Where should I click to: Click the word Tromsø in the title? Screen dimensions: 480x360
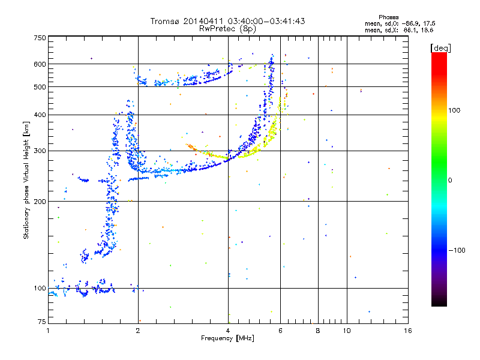pyautogui.click(x=166, y=21)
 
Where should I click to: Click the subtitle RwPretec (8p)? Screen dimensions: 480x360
pyautogui.click(x=227, y=29)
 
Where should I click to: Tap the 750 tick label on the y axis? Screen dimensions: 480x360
pyautogui.click(x=40, y=38)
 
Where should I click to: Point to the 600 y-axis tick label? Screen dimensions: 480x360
pyautogui.click(x=40, y=64)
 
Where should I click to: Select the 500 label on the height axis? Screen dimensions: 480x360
pyautogui.click(x=40, y=87)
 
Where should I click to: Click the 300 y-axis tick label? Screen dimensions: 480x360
pyautogui.click(x=40, y=151)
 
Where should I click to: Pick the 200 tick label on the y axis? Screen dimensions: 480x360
pyautogui.click(x=40, y=202)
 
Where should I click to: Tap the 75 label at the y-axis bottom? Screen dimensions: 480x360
pyautogui.click(x=42, y=322)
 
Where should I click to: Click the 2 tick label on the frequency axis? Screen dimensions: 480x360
pyautogui.click(x=138, y=331)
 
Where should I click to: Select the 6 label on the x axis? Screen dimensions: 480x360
pyautogui.click(x=280, y=331)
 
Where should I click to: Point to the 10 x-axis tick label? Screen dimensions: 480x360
pyautogui.click(x=347, y=331)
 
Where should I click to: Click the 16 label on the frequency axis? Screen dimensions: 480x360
pyautogui.click(x=408, y=331)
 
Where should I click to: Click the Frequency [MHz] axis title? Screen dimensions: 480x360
pyautogui.click(x=227, y=338)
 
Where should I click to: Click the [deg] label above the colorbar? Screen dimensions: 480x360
pyautogui.click(x=440, y=48)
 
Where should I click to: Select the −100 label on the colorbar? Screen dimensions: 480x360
pyautogui.click(x=457, y=250)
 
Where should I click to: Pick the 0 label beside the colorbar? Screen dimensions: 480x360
pyautogui.click(x=450, y=180)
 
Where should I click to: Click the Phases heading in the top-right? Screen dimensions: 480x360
pyautogui.click(x=388, y=17)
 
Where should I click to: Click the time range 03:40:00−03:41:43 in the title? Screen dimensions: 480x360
pyautogui.click(x=266, y=21)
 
